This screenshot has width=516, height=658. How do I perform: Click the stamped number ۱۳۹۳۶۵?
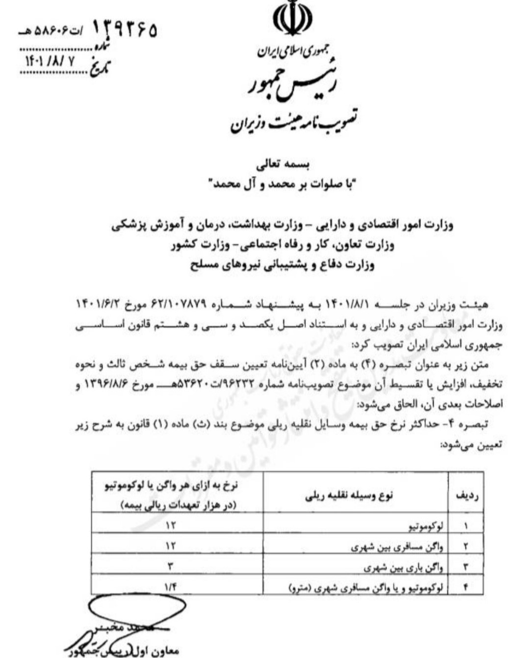125,30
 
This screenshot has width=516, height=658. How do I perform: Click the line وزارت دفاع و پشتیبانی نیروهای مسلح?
282,265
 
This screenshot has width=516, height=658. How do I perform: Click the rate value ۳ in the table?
171,567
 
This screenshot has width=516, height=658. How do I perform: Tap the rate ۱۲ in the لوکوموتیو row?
171,526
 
